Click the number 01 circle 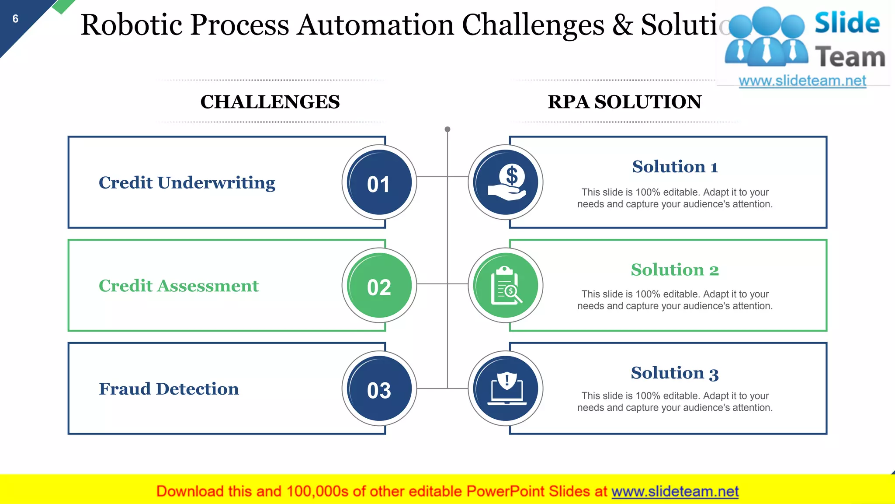[x=379, y=182]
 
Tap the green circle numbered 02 [x=379, y=286]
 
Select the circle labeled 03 [x=379, y=389]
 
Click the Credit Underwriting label [x=187, y=183]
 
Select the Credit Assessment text [x=179, y=286]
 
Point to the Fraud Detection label [x=169, y=389]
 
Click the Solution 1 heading [x=675, y=167]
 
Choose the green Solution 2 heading [x=675, y=270]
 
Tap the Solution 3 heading [x=675, y=373]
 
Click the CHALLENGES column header [x=270, y=102]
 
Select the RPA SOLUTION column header [x=624, y=102]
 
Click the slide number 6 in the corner [x=15, y=19]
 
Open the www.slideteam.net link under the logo [x=802, y=81]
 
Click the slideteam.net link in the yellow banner [x=675, y=492]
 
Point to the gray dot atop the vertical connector [x=447, y=129]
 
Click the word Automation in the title [x=376, y=24]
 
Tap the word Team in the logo [x=850, y=57]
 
